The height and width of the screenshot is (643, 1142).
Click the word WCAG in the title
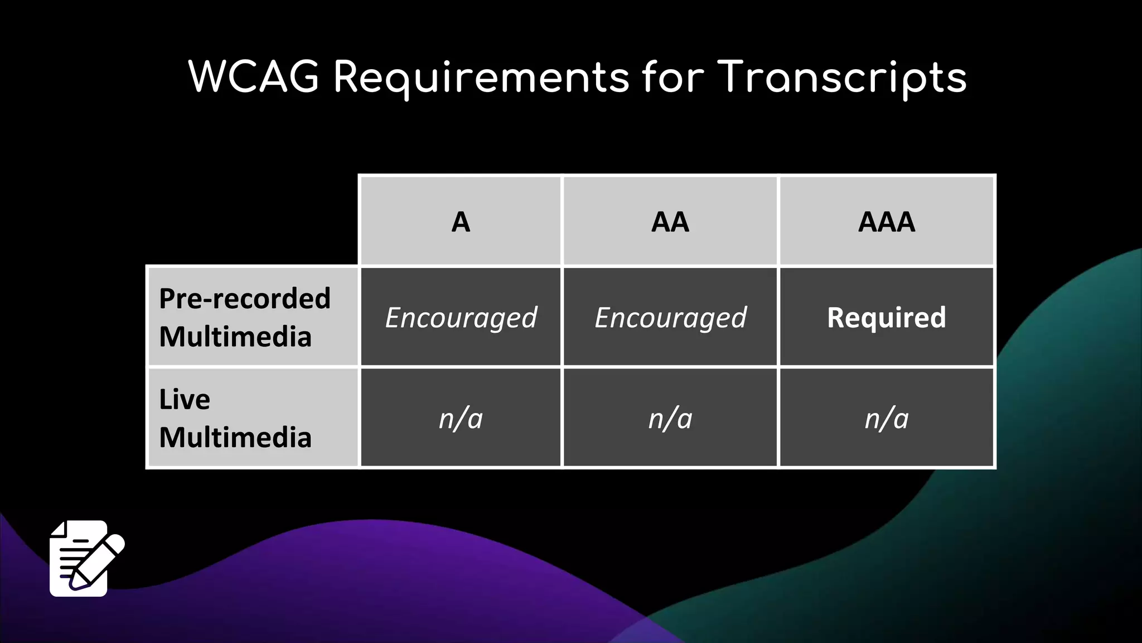point(254,77)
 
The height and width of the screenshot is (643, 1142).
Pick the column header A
point(461,222)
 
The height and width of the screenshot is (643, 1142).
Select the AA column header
point(670,222)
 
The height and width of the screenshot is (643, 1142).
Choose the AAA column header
point(887,222)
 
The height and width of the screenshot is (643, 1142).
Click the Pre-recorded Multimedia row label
point(245,317)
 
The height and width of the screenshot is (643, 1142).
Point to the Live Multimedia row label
point(235,418)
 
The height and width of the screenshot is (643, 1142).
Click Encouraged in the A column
point(461,318)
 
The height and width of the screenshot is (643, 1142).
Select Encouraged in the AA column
point(670,318)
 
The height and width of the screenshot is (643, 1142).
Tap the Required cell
point(887,318)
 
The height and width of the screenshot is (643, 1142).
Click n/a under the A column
point(461,419)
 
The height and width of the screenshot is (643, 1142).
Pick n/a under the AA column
point(670,419)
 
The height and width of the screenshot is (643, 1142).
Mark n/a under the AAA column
point(887,419)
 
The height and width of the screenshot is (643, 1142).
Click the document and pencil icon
point(84,558)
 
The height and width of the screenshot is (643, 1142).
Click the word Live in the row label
point(185,400)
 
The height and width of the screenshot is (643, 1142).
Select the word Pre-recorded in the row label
point(245,299)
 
